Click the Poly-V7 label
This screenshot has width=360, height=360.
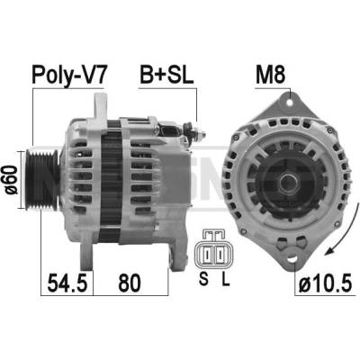pyautogui.click(x=69, y=75)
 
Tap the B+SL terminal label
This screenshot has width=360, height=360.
pyautogui.click(x=166, y=75)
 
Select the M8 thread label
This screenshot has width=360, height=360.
pyautogui.click(x=270, y=75)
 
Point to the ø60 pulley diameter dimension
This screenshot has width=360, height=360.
pyautogui.click(x=12, y=180)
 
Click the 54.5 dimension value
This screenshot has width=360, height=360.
pyautogui.click(x=67, y=283)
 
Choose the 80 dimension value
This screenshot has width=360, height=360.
pyautogui.click(x=130, y=283)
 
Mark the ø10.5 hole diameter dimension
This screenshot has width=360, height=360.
pyautogui.click(x=325, y=283)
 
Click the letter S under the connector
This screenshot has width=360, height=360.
pyautogui.click(x=203, y=279)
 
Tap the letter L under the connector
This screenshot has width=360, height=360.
pyautogui.click(x=225, y=279)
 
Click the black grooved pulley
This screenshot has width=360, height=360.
pyautogui.click(x=42, y=180)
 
